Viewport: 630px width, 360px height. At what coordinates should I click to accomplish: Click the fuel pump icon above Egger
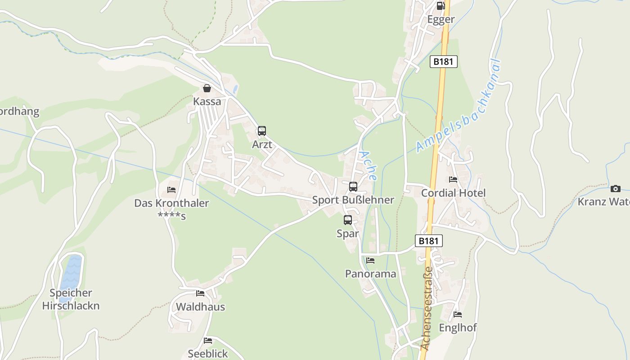(x=441, y=6)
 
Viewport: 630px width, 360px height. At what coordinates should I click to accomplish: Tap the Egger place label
(x=441, y=19)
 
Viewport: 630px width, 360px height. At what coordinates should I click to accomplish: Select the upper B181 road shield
(x=443, y=62)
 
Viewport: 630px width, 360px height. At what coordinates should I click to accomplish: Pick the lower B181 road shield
(x=428, y=241)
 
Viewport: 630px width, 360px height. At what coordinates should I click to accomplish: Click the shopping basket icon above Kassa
(x=207, y=88)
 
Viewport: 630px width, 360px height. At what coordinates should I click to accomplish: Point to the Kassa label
(x=207, y=102)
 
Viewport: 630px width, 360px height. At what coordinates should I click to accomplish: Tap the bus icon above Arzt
(x=261, y=131)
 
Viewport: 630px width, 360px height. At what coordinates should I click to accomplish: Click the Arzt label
(x=261, y=145)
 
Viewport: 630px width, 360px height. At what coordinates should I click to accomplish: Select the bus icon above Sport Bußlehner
(x=353, y=186)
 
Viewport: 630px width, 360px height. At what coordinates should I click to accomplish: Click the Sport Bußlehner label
(x=353, y=200)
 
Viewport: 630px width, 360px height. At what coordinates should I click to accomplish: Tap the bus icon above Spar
(x=348, y=220)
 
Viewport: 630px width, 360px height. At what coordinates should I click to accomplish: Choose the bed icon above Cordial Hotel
(x=453, y=179)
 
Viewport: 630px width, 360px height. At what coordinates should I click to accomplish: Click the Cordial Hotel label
(x=453, y=193)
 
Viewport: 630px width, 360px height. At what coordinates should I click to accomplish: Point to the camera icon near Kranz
(x=616, y=189)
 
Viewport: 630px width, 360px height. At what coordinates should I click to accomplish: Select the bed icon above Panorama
(x=370, y=260)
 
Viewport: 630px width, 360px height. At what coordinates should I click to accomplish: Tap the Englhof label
(x=458, y=328)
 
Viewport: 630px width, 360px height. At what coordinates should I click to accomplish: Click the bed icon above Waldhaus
(x=200, y=293)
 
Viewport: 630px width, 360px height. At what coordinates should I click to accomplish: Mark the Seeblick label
(x=208, y=354)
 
